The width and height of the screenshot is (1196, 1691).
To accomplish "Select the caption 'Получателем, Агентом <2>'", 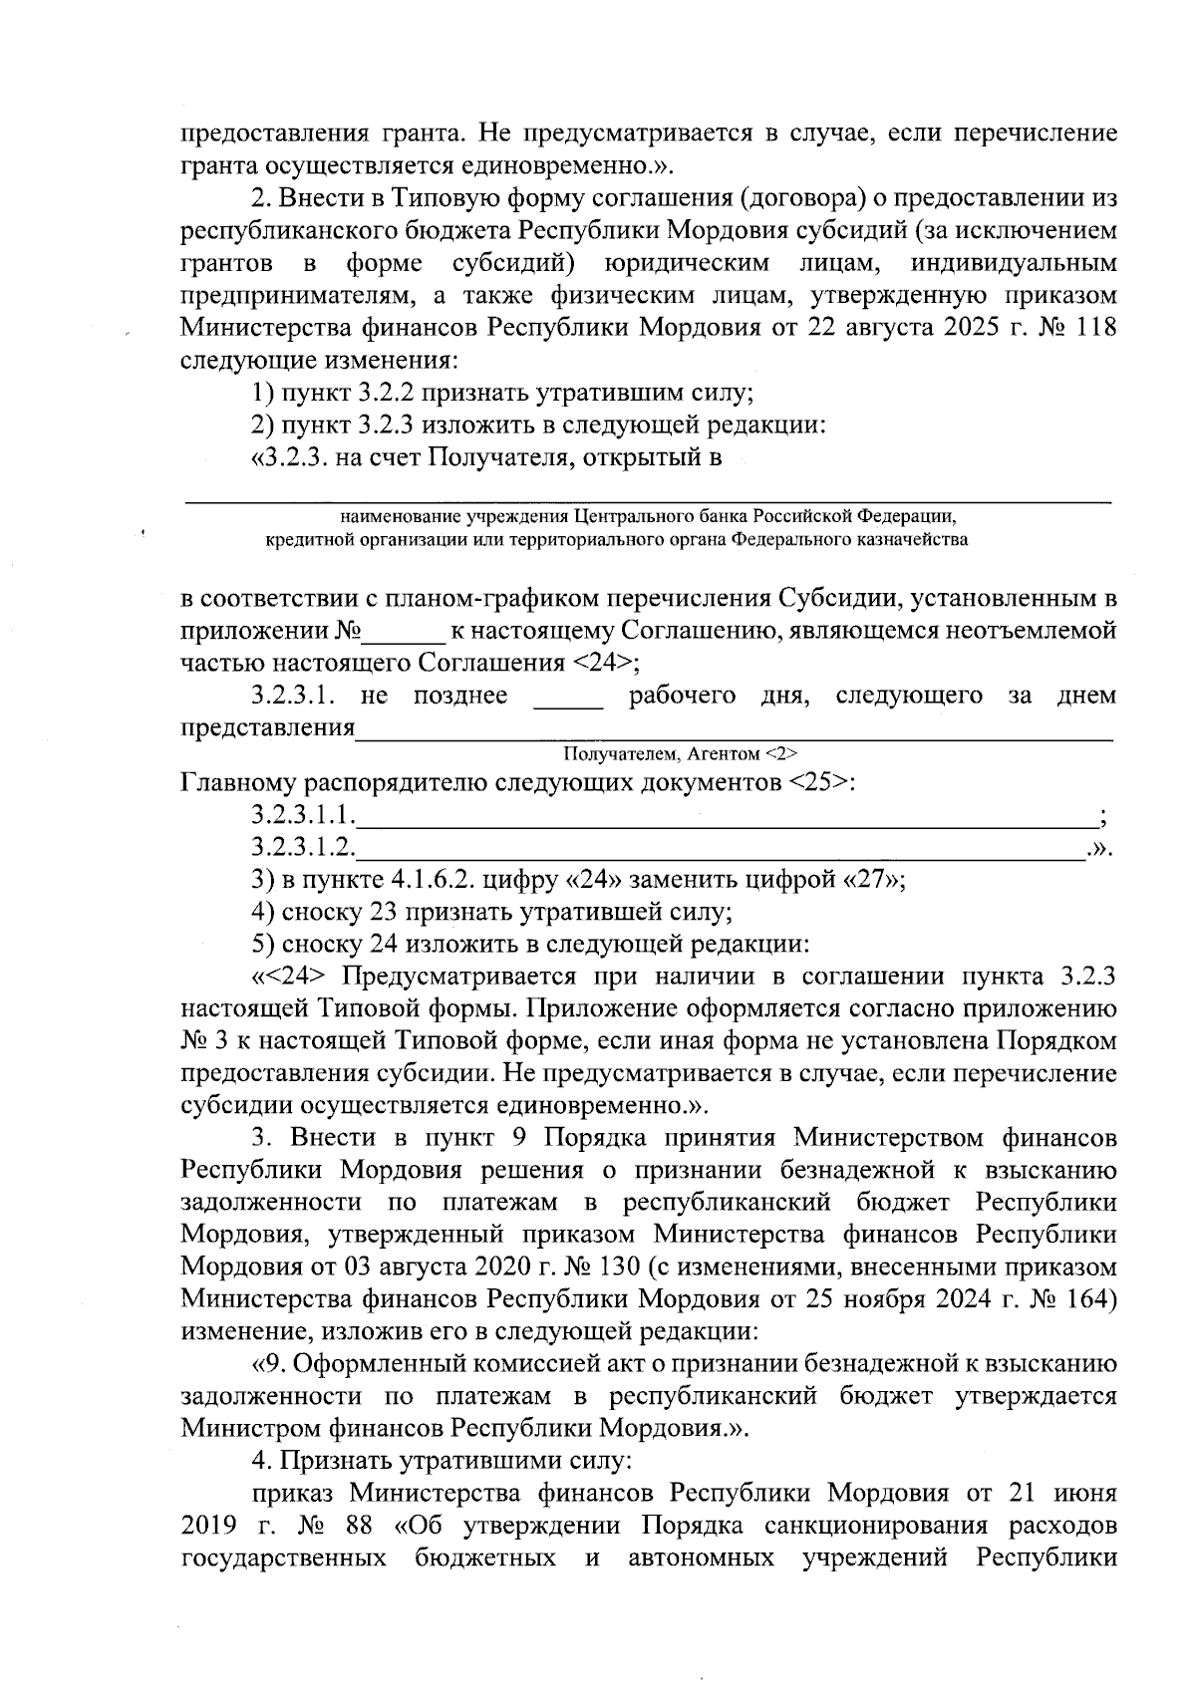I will coord(680,753).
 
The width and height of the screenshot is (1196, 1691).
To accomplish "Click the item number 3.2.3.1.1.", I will coord(303,816).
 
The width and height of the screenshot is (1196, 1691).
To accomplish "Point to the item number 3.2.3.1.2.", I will coord(303,848).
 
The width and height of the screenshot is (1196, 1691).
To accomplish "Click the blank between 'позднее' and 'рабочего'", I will coord(569,696).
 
